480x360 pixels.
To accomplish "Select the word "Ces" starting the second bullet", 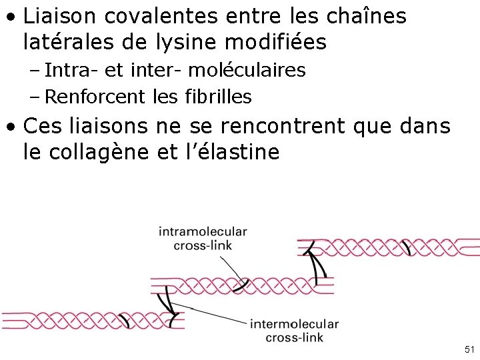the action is point(42,126).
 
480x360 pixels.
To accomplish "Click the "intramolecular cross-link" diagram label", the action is point(203,238).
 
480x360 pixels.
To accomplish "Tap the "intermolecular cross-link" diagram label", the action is point(294,331).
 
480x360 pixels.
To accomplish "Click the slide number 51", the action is point(469,350).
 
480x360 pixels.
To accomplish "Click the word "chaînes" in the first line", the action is point(370,17).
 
